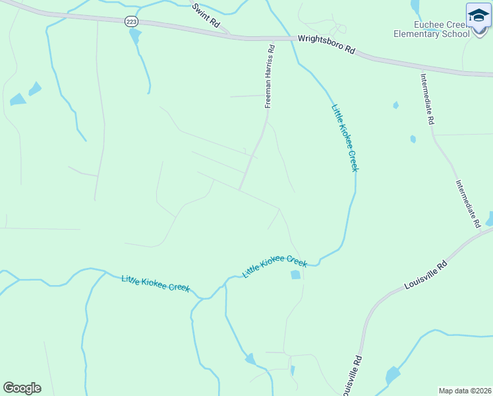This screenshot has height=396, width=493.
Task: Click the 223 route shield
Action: [131, 22]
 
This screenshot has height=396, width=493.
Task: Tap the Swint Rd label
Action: [206, 15]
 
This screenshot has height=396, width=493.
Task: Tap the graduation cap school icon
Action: [478, 15]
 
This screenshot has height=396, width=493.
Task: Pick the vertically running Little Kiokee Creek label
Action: [345, 138]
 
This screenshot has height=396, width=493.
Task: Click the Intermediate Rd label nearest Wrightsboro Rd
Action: [427, 98]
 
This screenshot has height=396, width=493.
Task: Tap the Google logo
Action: [22, 388]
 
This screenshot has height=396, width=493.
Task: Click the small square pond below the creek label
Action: [295, 275]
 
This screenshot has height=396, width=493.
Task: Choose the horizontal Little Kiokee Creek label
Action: [156, 283]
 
